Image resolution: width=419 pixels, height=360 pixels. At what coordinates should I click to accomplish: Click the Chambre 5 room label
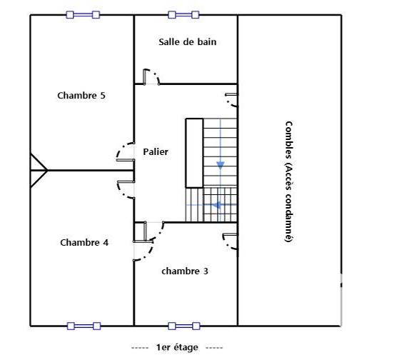(81, 95)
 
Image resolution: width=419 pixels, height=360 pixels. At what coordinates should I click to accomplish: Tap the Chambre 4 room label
(84, 242)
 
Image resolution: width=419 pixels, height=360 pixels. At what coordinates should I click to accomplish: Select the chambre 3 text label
(185, 271)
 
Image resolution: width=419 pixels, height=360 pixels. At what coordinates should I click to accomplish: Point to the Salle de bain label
(187, 41)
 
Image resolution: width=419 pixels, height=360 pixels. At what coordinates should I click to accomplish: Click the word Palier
(156, 151)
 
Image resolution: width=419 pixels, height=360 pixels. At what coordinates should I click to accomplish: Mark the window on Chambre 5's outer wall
(83, 14)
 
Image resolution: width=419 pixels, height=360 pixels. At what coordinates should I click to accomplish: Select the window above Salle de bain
(183, 14)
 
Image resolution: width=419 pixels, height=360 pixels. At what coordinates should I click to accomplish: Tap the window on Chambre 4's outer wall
(84, 326)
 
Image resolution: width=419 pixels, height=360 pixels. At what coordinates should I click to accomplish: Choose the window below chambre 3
(183, 326)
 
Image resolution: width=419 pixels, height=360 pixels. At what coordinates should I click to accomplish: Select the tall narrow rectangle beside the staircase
(194, 153)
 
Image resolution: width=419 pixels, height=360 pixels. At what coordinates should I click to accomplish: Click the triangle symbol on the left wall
(38, 170)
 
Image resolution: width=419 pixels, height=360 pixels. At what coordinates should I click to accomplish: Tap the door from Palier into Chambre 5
(125, 151)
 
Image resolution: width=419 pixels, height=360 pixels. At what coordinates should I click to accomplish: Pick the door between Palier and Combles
(231, 100)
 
